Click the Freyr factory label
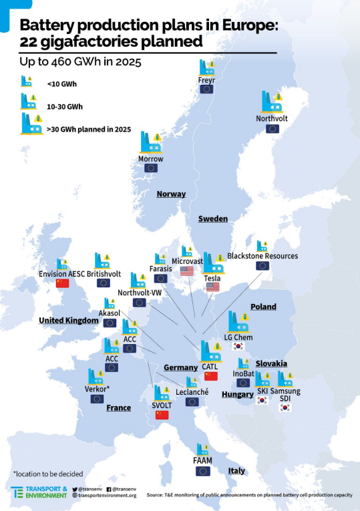point(206,81)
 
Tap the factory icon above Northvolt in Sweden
point(273,102)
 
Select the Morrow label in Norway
point(150,159)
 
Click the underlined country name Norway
point(171,194)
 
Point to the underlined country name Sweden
point(212,218)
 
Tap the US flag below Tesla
point(212,287)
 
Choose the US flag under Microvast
point(187,271)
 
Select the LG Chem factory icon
point(237,322)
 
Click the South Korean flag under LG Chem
point(238,347)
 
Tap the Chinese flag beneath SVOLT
point(162,415)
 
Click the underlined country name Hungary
point(237,395)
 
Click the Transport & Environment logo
point(39,492)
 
